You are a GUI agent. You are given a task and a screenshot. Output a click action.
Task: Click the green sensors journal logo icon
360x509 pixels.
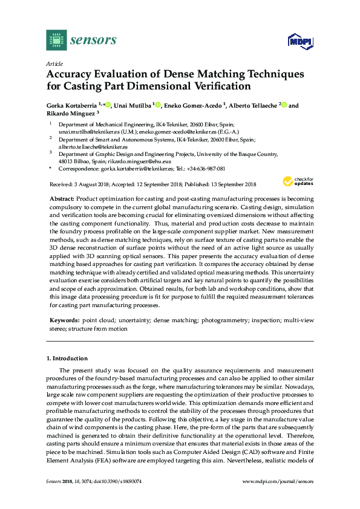point(56,40)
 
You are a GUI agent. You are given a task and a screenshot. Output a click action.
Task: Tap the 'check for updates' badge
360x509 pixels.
point(298,181)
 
